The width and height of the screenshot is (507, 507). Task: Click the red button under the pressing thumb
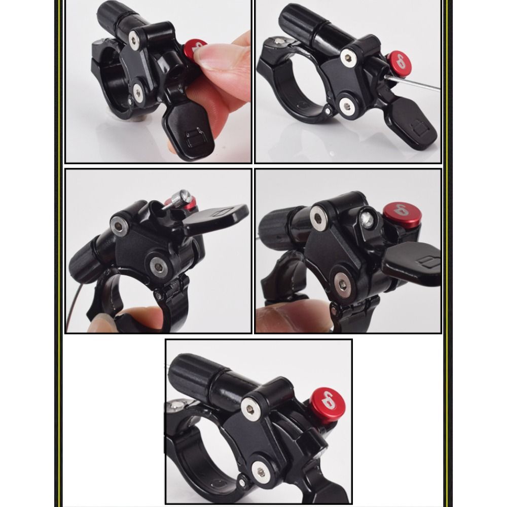click(193, 49)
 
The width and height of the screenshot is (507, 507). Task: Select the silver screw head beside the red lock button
click(368, 219)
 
